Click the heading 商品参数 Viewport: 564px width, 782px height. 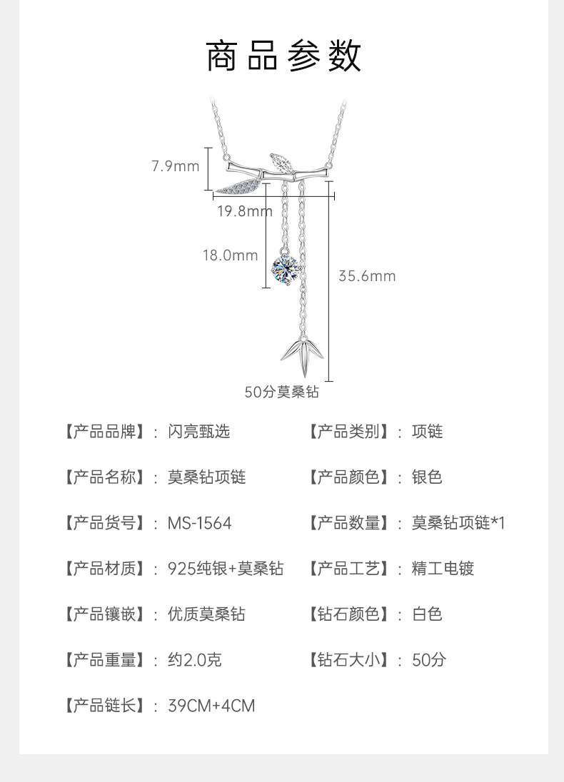[x=283, y=57]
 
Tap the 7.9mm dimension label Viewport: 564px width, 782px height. [x=175, y=166]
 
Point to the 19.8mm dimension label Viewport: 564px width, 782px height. [x=245, y=210]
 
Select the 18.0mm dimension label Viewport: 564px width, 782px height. [x=230, y=255]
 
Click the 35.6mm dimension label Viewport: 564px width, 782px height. [x=366, y=276]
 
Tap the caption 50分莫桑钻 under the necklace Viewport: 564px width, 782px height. [x=281, y=392]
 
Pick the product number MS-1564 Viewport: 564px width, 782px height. [x=199, y=523]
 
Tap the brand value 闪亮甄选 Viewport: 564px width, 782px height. [x=198, y=432]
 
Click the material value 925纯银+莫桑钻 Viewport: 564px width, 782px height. [x=225, y=569]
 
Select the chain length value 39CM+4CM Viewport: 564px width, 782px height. [x=211, y=706]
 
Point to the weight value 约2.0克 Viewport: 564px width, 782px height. [x=194, y=660]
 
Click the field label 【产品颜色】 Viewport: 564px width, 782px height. [x=350, y=477]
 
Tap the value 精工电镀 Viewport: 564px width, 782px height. [x=443, y=569]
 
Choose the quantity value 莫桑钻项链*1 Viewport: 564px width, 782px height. [x=458, y=523]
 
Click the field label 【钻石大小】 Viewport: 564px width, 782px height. [x=350, y=660]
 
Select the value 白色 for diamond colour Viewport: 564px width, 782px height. [x=427, y=614]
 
